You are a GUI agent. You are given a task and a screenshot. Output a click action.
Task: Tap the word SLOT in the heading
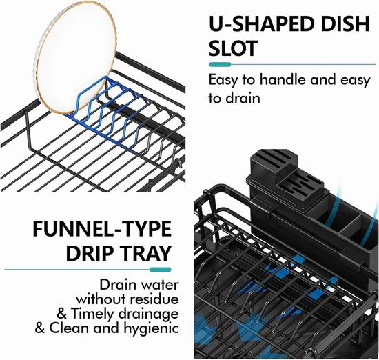[232, 48]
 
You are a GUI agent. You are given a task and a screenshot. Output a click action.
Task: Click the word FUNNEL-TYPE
[102, 229]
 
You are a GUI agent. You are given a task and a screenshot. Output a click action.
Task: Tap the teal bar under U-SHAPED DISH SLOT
[220, 64]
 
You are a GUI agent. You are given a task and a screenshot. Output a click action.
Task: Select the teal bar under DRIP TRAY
[160, 270]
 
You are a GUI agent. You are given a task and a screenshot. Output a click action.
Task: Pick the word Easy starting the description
[223, 80]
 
